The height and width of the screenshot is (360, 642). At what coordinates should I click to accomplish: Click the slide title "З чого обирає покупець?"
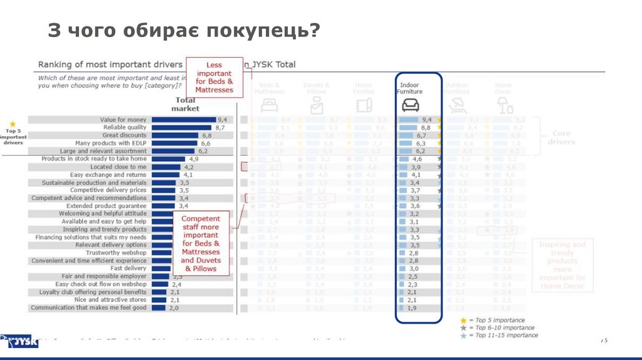(x=184, y=30)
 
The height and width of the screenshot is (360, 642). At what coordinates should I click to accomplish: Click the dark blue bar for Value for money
(x=184, y=120)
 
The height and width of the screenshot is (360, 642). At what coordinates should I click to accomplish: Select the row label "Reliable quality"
(x=125, y=127)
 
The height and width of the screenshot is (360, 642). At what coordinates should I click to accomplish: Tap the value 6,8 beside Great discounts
(x=206, y=135)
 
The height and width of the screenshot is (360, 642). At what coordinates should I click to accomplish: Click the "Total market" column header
(x=186, y=104)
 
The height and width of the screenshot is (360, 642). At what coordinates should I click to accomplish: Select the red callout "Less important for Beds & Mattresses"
(x=214, y=77)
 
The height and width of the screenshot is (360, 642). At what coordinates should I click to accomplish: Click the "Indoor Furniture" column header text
(x=409, y=88)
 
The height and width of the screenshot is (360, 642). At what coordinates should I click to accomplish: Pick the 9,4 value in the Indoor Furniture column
(x=427, y=120)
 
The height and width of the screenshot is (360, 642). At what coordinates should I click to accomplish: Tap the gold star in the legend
(x=463, y=320)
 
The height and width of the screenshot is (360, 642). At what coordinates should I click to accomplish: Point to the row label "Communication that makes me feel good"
(x=88, y=308)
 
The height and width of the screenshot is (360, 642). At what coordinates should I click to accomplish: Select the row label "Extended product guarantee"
(x=106, y=206)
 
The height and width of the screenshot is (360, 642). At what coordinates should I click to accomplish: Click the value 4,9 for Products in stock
(x=193, y=159)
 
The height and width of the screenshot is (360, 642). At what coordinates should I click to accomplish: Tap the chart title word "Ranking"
(x=56, y=65)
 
